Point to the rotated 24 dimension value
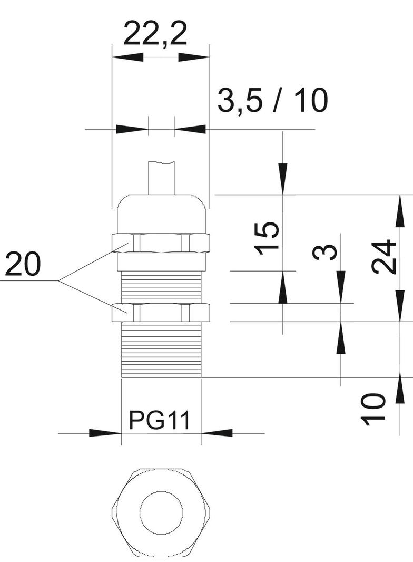[x=383, y=257]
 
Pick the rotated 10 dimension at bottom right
[x=374, y=408]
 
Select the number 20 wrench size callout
[x=23, y=265]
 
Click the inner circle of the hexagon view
[x=161, y=511]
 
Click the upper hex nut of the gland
[x=161, y=242]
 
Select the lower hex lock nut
[x=161, y=312]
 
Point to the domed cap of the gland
[x=161, y=214]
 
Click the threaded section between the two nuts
[x=161, y=287]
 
